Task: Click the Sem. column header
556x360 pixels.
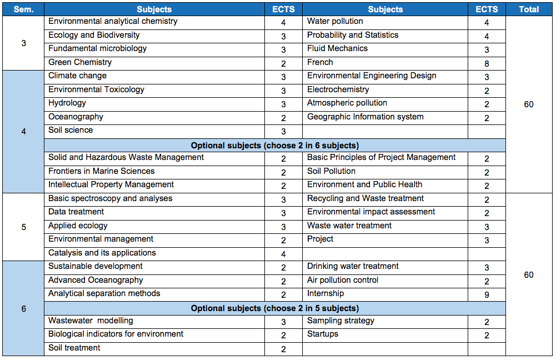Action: click(23, 9)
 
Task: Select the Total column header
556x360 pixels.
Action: click(529, 9)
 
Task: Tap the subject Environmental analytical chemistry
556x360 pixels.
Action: click(113, 21)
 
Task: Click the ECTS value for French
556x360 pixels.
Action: click(487, 63)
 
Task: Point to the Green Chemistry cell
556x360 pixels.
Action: click(80, 62)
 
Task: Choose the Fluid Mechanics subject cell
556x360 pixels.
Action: click(337, 48)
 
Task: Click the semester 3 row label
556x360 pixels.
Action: click(23, 43)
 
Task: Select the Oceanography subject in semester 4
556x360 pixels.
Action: click(76, 117)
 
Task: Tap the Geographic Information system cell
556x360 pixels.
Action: click(365, 117)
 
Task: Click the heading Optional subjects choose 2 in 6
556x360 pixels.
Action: click(275, 146)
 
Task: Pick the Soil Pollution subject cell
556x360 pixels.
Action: click(331, 171)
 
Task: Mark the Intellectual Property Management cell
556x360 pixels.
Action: click(111, 185)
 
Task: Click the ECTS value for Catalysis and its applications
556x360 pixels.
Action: click(283, 254)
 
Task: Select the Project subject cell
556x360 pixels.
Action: click(320, 239)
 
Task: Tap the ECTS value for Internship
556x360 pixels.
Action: click(487, 295)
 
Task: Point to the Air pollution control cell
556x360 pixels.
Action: click(343, 280)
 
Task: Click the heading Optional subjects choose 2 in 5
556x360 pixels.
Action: click(275, 308)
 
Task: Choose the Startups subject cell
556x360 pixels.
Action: click(323, 334)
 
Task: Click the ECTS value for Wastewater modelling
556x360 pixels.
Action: click(283, 322)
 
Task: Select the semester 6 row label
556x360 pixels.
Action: click(23, 309)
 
